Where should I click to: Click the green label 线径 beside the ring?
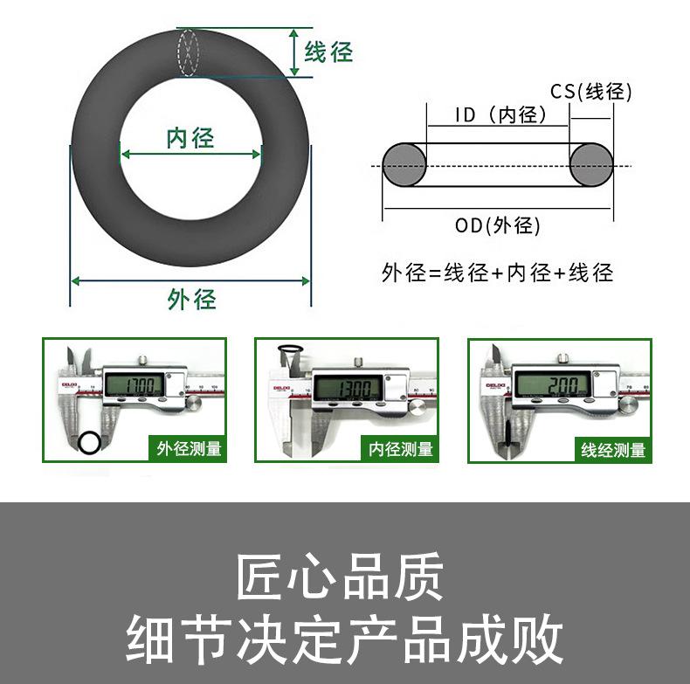point(328,52)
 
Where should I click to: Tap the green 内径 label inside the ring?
point(190,138)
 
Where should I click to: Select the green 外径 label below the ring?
point(191,300)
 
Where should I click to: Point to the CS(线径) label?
point(590,92)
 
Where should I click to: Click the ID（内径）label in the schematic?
point(500,115)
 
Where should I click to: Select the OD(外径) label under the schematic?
point(497,225)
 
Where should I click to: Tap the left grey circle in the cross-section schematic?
point(404,164)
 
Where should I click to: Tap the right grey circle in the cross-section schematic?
point(591,164)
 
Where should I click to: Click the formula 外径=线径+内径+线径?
point(497,273)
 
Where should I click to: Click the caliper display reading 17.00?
point(136,386)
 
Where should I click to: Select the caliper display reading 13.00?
point(348,387)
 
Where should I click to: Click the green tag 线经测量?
point(613,450)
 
